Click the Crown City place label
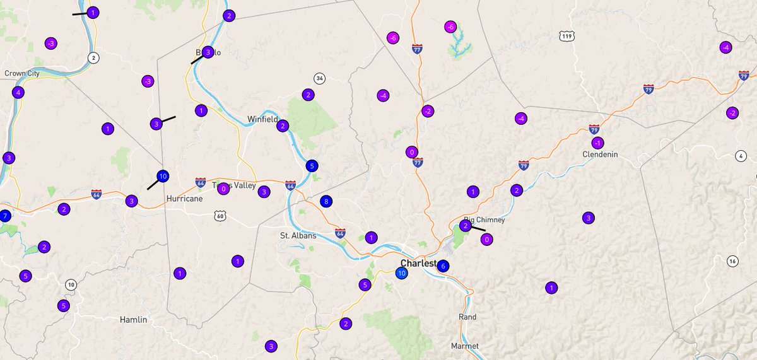click(23, 73)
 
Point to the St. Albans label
click(297, 236)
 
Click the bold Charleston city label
click(418, 263)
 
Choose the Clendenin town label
click(600, 154)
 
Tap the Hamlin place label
click(133, 320)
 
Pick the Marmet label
click(465, 346)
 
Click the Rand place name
click(467, 317)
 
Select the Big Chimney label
click(484, 219)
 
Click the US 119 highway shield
click(567, 36)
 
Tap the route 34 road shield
click(320, 79)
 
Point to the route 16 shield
click(732, 261)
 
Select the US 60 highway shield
click(220, 216)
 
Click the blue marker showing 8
click(326, 202)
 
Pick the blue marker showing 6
click(443, 266)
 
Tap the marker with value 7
click(4, 216)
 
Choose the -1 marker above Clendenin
click(597, 142)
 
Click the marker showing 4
click(18, 92)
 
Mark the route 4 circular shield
click(741, 156)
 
